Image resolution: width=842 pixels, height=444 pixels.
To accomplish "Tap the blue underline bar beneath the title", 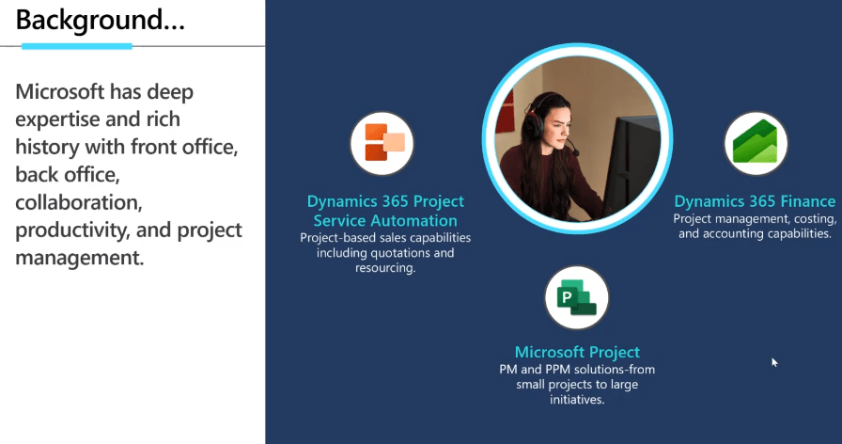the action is (x=77, y=46).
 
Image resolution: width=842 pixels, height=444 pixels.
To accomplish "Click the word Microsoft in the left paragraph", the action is (x=59, y=91).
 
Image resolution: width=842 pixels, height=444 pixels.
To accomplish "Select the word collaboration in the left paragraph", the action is (x=78, y=202).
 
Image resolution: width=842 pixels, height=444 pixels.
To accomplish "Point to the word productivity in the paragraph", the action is (x=72, y=230).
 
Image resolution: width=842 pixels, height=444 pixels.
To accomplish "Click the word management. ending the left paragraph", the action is (x=80, y=258).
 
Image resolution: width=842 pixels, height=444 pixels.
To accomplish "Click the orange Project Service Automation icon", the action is (x=382, y=143).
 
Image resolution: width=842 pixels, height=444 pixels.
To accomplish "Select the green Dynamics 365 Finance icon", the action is (x=756, y=143).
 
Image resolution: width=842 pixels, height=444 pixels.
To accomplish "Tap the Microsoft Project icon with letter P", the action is (x=577, y=297).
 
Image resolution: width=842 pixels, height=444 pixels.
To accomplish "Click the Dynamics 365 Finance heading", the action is (x=755, y=201).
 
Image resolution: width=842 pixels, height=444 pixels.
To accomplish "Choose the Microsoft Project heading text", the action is (x=577, y=352).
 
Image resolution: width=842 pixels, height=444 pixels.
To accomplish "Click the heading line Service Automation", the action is (x=385, y=220).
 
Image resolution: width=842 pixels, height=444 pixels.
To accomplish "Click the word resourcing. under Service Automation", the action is (x=385, y=268).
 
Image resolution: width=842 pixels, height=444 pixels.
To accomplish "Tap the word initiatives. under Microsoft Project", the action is (x=577, y=400).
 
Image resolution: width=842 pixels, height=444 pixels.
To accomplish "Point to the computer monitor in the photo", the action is (x=633, y=161).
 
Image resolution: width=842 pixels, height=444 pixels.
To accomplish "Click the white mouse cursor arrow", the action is (x=774, y=362).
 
